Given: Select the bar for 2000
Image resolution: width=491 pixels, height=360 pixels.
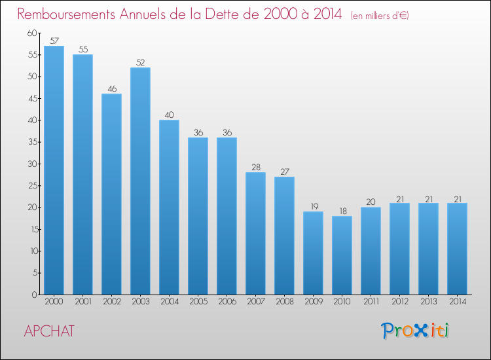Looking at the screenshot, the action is (x=54, y=170).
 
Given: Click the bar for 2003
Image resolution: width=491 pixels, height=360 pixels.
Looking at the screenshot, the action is (x=140, y=181).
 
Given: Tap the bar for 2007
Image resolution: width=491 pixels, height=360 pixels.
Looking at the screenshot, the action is (x=255, y=234).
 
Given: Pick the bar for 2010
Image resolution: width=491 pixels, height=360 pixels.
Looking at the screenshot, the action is (x=342, y=255).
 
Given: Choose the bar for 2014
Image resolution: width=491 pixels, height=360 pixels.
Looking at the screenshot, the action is (x=457, y=249).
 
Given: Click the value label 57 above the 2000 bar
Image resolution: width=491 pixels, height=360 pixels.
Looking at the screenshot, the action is (x=54, y=41).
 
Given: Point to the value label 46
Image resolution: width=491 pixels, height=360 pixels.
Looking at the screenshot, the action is (x=112, y=88).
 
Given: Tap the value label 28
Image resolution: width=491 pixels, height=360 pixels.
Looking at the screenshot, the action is (x=256, y=167).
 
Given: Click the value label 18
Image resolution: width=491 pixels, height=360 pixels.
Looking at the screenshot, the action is (x=343, y=211).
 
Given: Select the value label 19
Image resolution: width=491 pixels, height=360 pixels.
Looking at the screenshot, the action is (x=314, y=206).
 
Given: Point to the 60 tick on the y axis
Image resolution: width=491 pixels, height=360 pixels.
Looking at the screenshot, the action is (x=32, y=33).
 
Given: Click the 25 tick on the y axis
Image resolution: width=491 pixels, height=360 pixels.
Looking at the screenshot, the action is (x=32, y=186).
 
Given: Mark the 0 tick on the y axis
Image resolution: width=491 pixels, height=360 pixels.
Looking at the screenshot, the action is (x=34, y=295).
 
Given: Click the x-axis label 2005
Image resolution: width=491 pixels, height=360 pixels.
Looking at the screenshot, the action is (x=198, y=302).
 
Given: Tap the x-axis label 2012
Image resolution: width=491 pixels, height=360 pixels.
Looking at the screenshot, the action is (x=400, y=302).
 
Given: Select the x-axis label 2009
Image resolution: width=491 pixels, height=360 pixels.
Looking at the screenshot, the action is (x=314, y=302).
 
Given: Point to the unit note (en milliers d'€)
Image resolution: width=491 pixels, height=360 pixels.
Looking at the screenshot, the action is (x=380, y=16).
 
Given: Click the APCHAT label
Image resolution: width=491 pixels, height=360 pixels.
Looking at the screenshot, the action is (x=49, y=331).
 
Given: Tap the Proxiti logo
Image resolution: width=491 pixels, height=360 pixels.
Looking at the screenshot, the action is (x=415, y=331).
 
